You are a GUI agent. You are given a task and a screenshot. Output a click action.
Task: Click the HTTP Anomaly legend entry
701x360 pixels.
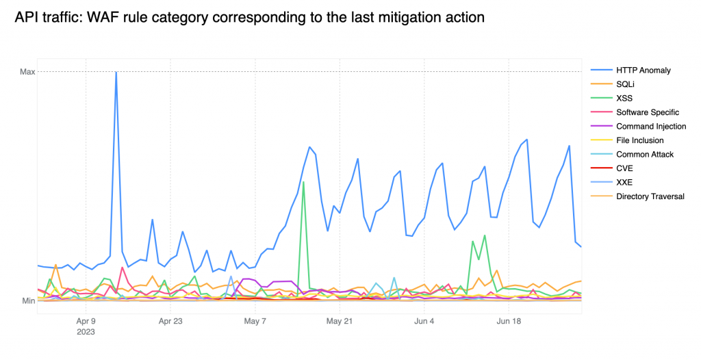pyautogui.click(x=643, y=70)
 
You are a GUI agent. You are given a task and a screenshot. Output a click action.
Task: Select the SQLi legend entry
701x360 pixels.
pyautogui.click(x=626, y=83)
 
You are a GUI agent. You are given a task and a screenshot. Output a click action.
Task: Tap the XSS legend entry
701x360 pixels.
pyautogui.click(x=624, y=98)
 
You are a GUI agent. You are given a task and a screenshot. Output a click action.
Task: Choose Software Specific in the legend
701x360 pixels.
pyautogui.click(x=647, y=112)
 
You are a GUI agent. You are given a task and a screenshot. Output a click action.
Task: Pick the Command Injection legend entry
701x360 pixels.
pyautogui.click(x=650, y=126)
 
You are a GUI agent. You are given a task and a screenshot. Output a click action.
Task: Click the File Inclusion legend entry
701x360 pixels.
pyautogui.click(x=639, y=140)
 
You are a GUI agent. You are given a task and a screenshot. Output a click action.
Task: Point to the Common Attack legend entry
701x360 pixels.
pyautogui.click(x=643, y=154)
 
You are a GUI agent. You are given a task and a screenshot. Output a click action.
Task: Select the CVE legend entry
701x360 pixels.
pyautogui.click(x=624, y=168)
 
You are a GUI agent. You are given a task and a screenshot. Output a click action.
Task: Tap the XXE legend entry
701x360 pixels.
pyautogui.click(x=624, y=183)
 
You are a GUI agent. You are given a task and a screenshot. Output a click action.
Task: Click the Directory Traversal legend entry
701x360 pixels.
pyautogui.click(x=650, y=196)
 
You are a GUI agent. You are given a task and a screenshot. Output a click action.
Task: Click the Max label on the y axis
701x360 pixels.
pyautogui.click(x=27, y=72)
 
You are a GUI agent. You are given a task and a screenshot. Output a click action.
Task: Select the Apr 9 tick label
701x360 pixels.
pyautogui.click(x=86, y=320)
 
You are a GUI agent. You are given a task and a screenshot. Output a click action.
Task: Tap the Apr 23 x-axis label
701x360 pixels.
pyautogui.click(x=170, y=320)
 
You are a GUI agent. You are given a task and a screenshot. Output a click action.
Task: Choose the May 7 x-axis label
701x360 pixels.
pyautogui.click(x=255, y=320)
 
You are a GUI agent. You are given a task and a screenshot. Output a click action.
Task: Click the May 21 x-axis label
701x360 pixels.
pyautogui.click(x=340, y=320)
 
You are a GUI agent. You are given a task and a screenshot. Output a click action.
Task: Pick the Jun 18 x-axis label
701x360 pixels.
pyautogui.click(x=509, y=320)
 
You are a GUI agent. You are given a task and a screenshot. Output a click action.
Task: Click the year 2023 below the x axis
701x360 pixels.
pyautogui.click(x=86, y=331)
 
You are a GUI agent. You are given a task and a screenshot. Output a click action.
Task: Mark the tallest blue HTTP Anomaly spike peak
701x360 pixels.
pyautogui.click(x=116, y=73)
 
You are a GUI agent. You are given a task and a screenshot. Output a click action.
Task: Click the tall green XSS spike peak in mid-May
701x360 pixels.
pyautogui.click(x=303, y=182)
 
